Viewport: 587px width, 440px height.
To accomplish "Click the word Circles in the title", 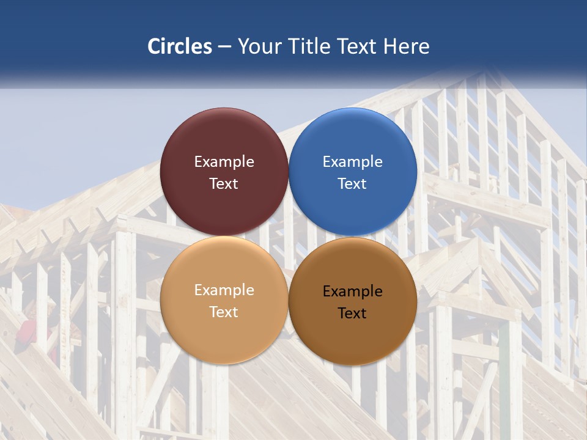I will click(180, 46).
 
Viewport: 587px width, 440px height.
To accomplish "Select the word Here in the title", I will click(407, 46).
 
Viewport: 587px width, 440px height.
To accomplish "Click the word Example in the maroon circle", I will click(224, 162).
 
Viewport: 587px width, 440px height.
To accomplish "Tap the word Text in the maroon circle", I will click(224, 183).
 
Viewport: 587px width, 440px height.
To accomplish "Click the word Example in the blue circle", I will click(353, 162).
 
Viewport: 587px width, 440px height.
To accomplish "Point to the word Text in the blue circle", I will click(353, 183).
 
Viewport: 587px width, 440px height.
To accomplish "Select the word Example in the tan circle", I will click(224, 290).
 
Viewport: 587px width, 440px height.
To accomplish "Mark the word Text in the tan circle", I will click(224, 312).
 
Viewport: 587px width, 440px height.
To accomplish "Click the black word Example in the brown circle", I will click(353, 291).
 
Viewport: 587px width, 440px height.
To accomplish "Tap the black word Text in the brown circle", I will click(353, 313).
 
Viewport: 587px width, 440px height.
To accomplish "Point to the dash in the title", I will click(224, 47).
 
